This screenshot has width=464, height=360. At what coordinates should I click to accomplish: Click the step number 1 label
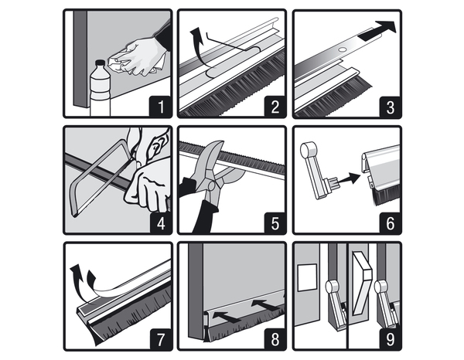pos(161,107)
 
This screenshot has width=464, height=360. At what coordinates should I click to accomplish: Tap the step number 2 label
pos(275,107)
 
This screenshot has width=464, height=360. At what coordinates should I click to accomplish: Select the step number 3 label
pos(391,107)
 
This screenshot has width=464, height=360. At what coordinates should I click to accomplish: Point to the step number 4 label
pos(161,223)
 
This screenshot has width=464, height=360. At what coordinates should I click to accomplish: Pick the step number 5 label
pos(275,223)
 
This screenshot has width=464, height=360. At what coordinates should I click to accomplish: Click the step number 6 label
pos(391,223)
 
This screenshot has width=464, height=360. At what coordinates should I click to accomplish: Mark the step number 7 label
pos(161,339)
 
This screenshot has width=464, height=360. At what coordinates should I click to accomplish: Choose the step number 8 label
pos(275,339)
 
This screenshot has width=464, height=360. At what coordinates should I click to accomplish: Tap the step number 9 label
pos(391,339)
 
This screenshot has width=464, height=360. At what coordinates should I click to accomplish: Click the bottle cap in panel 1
pos(100,63)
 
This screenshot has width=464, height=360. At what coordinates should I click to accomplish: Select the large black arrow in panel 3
pos(377,31)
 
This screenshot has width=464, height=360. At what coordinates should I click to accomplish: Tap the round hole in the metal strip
pos(343,50)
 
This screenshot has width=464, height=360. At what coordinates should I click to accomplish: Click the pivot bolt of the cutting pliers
pos(212,185)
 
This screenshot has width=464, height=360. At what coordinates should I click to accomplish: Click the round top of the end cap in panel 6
pos(307,148)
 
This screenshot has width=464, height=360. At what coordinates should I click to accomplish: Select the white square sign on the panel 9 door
pos(307,278)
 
